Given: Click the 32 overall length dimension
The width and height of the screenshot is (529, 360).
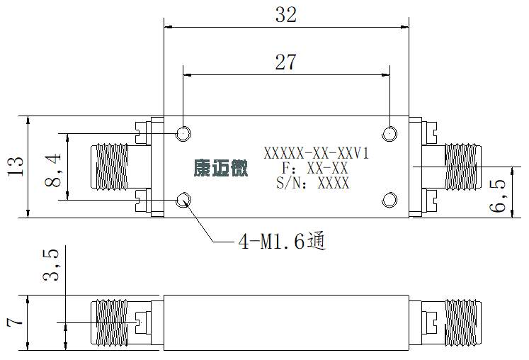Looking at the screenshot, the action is [x=286, y=15].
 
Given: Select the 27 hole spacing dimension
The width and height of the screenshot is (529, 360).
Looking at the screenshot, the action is [x=286, y=62].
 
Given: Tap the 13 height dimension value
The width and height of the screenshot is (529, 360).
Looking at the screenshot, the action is [x=16, y=167].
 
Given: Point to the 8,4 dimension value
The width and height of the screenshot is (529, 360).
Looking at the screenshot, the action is [x=53, y=171].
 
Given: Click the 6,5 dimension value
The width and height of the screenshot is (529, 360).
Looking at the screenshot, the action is [x=498, y=196].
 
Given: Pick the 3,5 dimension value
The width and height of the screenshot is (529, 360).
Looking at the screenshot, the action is [x=50, y=266].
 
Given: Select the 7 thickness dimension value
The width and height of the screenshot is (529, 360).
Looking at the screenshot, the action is [x=15, y=320].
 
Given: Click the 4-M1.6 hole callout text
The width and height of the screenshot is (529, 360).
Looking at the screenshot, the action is [x=283, y=241].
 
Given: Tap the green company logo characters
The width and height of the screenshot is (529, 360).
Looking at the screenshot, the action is [x=221, y=168].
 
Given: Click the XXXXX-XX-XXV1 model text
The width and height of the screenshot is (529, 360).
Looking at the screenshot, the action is [x=316, y=154].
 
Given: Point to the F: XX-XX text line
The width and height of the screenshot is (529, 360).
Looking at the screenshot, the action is [x=314, y=168].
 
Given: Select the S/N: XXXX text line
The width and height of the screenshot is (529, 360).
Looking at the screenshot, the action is [x=313, y=183].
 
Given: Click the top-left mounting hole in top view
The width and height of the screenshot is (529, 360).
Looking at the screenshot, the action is [x=183, y=133].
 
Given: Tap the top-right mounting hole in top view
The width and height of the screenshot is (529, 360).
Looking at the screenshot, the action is [x=389, y=134].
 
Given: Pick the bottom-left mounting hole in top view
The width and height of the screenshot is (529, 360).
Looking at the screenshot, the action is [x=183, y=200].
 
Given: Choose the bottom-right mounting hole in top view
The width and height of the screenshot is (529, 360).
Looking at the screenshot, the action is [x=389, y=200].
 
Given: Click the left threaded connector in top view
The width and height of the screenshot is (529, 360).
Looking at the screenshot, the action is [x=109, y=167].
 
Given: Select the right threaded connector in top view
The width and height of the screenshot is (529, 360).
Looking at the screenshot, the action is [x=463, y=167].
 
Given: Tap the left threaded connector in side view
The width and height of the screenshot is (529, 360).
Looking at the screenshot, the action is [x=109, y=323].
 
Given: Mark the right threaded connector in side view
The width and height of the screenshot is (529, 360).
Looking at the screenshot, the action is [x=463, y=323].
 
